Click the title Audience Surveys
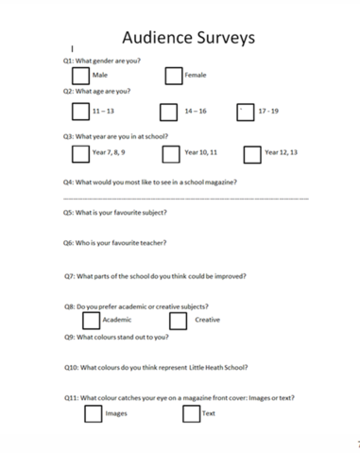(x=187, y=38)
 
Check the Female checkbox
(x=173, y=74)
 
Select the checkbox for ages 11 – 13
(x=80, y=112)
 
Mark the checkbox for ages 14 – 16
(x=168, y=112)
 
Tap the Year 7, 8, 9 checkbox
(x=80, y=153)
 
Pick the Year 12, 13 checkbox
(x=251, y=153)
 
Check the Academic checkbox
(x=91, y=320)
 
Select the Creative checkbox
(x=179, y=320)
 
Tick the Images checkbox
(x=92, y=413)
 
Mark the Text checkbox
(x=191, y=413)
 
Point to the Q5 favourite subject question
(x=114, y=213)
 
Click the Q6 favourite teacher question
(x=114, y=243)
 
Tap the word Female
(x=196, y=75)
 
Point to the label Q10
(x=72, y=367)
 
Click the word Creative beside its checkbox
(x=207, y=320)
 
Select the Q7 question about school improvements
(x=155, y=276)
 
